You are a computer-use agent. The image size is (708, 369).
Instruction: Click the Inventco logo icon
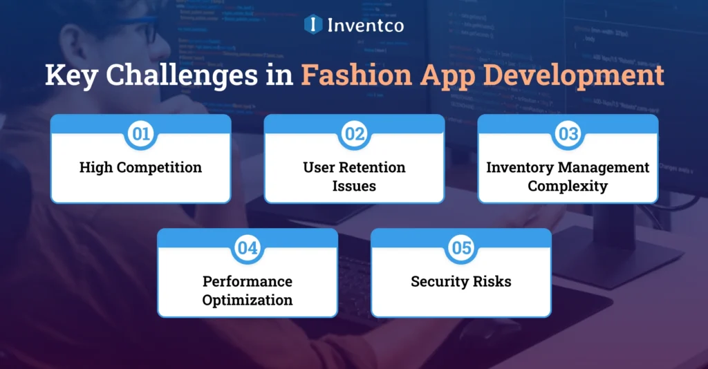[x=314, y=25]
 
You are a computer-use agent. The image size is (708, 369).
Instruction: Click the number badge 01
[x=140, y=134]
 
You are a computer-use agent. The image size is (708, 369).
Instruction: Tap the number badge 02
[x=354, y=134]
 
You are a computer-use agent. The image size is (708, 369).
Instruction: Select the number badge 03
[x=568, y=134]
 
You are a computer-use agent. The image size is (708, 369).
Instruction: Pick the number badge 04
[x=248, y=248]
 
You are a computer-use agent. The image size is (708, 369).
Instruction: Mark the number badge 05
[x=461, y=248]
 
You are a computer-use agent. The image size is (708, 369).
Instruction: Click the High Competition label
[x=140, y=167]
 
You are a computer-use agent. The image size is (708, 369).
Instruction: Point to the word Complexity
[x=568, y=187]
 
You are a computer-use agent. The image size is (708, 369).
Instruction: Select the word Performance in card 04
[x=248, y=281]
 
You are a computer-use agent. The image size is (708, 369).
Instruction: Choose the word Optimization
[x=248, y=300]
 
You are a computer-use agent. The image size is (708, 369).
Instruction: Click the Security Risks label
[x=461, y=281]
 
